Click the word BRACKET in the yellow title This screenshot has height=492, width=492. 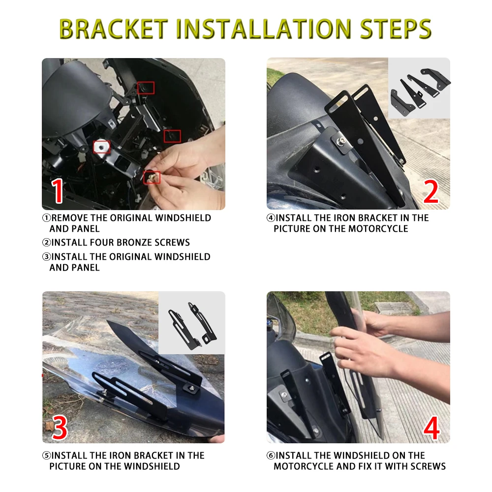114,29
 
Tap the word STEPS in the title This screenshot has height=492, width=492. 396,29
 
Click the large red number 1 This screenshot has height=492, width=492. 58,191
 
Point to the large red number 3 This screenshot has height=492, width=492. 60,427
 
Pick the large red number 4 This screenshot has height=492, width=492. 432,428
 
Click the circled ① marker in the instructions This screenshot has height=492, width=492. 46,218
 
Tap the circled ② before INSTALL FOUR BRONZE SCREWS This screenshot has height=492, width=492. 46,242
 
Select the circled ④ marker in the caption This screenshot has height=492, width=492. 271,218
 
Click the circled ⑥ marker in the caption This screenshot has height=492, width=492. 271,455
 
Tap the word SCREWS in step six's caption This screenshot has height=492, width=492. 430,466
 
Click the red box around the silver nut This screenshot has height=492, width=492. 102,147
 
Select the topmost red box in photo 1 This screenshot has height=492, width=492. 146,88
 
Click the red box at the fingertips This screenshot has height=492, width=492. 152,178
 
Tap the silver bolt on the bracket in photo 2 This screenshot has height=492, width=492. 340,142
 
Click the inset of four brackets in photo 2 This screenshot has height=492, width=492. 419,88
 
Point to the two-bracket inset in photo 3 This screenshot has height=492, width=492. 192,323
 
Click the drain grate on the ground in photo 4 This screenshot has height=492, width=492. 394,308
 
